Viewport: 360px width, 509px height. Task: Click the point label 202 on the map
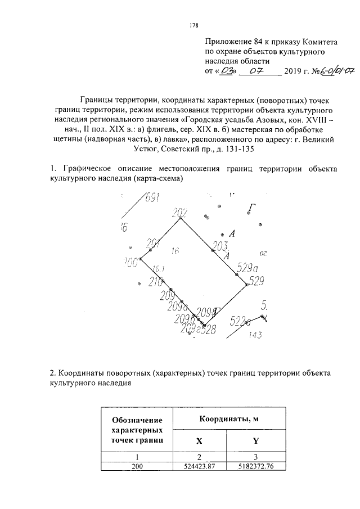[x=179, y=212]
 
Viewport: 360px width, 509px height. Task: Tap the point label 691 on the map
[x=152, y=198]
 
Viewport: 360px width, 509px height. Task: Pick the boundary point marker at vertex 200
[x=141, y=259]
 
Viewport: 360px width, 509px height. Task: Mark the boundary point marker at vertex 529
[x=246, y=285]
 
